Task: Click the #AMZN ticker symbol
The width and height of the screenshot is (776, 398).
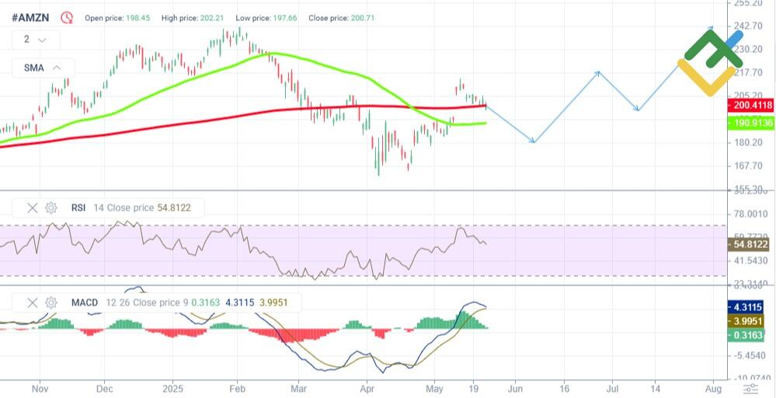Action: point(33,16)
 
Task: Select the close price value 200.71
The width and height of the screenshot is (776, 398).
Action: point(357,17)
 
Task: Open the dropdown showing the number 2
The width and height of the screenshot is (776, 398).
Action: point(35,39)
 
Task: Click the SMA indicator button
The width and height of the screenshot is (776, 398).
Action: point(43,68)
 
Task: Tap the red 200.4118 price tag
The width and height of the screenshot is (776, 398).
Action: point(751,105)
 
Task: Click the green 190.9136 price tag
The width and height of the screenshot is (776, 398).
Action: point(751,123)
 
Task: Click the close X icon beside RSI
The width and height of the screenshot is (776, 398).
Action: point(33,208)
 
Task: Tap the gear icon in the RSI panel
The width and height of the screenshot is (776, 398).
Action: point(51,208)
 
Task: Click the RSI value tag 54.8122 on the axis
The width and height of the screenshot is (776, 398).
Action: point(750,244)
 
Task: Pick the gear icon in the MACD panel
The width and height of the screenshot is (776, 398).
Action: point(51,302)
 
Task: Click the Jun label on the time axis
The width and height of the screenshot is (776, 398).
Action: point(514,387)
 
